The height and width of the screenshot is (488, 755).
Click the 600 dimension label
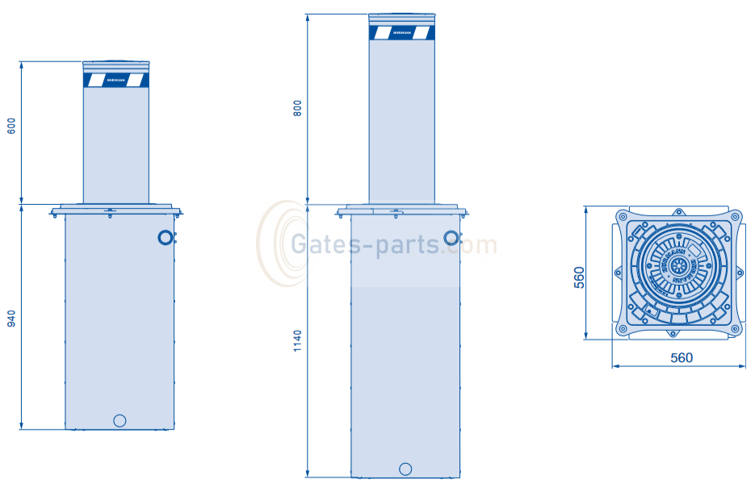[11, 127]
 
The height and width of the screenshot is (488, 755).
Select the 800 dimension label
[297, 109]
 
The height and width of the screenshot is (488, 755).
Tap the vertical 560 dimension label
[578, 277]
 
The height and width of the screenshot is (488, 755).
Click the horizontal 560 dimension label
[681, 357]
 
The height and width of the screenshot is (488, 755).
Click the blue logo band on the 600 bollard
[116, 80]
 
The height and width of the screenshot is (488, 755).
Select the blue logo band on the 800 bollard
[401, 33]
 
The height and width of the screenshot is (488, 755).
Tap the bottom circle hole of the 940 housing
[120, 419]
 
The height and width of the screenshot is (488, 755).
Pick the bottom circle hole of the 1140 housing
[405, 469]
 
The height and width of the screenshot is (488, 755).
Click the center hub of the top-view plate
[679, 266]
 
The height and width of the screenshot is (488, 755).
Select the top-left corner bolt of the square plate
[622, 216]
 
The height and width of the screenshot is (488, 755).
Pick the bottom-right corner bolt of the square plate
[735, 329]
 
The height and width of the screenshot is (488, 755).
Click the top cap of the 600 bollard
[116, 62]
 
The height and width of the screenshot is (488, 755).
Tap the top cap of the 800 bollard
[401, 16]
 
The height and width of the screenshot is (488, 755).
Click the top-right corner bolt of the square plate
[735, 216]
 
